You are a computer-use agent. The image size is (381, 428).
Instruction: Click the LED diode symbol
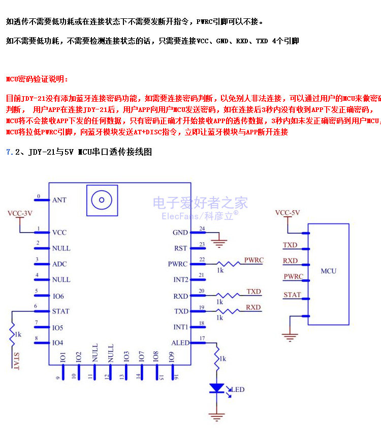click(217, 388)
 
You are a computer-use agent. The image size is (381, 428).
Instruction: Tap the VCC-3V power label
click(20, 213)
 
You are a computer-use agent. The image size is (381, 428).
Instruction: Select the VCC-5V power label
click(288, 213)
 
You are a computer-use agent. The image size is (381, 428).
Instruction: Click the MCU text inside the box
click(328, 271)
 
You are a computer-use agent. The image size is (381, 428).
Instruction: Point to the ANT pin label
click(59, 200)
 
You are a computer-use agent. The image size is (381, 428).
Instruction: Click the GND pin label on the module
click(180, 233)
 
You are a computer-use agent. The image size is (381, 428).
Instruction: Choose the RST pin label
click(181, 248)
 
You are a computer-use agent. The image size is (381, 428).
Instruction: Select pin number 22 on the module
click(202, 260)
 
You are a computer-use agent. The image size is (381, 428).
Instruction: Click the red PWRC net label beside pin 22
click(253, 260)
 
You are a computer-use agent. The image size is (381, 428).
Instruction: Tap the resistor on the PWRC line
click(227, 264)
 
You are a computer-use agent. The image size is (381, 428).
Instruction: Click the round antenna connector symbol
click(102, 200)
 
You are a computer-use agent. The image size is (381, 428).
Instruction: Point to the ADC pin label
click(59, 264)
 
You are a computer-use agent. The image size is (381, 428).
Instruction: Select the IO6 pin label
click(58, 296)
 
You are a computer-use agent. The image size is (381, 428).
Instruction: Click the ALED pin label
click(180, 343)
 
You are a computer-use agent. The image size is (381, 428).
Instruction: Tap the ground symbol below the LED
click(217, 417)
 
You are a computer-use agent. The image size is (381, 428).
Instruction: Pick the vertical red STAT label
click(17, 361)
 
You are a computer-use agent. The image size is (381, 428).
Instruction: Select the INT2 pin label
click(181, 280)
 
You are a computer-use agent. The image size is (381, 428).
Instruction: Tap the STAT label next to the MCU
click(292, 295)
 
